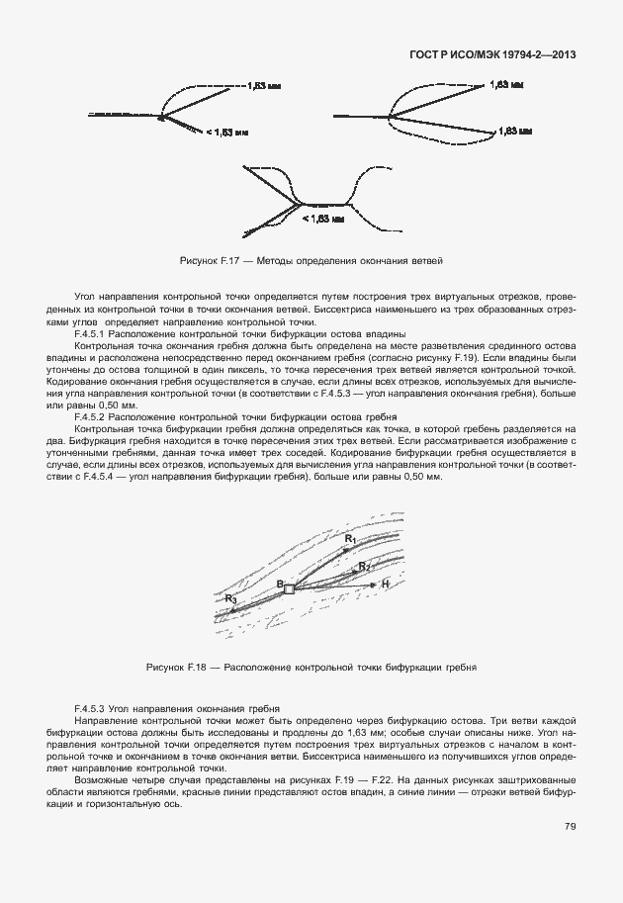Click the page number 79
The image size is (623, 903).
pyautogui.click(x=571, y=827)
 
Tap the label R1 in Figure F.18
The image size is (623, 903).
pyautogui.click(x=350, y=537)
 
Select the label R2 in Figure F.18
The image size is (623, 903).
pyautogui.click(x=364, y=566)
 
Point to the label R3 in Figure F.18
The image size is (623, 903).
pyautogui.click(x=230, y=598)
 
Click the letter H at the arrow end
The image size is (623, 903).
pyautogui.click(x=386, y=586)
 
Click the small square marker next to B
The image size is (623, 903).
pyautogui.click(x=289, y=588)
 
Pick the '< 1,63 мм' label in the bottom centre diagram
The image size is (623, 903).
pyautogui.click(x=322, y=218)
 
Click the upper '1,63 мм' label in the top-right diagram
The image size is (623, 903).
pyautogui.click(x=505, y=86)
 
